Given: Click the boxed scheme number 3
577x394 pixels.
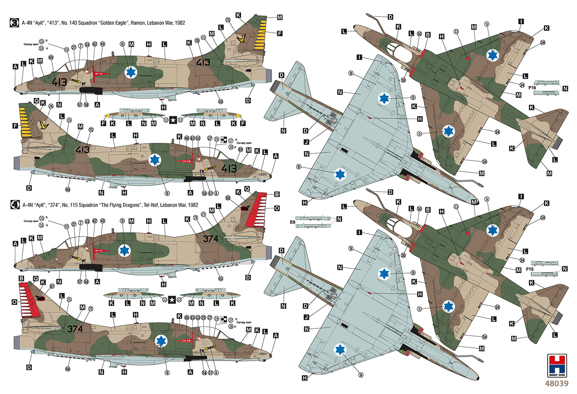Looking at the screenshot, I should tap(14, 23).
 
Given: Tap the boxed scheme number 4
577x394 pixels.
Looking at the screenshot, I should tap(14, 205).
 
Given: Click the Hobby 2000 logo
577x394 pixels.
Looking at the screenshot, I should tap(556, 366).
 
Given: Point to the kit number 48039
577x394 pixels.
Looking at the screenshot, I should tap(556, 384).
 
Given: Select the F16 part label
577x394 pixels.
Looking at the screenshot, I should tap(532, 88).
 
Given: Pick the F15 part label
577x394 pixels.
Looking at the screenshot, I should tap(530, 269).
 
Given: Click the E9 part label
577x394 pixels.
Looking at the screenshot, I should tap(293, 222).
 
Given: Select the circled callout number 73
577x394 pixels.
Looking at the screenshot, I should tap(228, 20).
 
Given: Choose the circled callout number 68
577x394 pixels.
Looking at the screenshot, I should tap(228, 198).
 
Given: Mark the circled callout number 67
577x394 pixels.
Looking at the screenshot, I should tap(52, 286).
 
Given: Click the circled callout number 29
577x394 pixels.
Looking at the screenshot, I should tap(203, 318).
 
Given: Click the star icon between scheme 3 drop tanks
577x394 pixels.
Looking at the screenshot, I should tap(173, 121).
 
